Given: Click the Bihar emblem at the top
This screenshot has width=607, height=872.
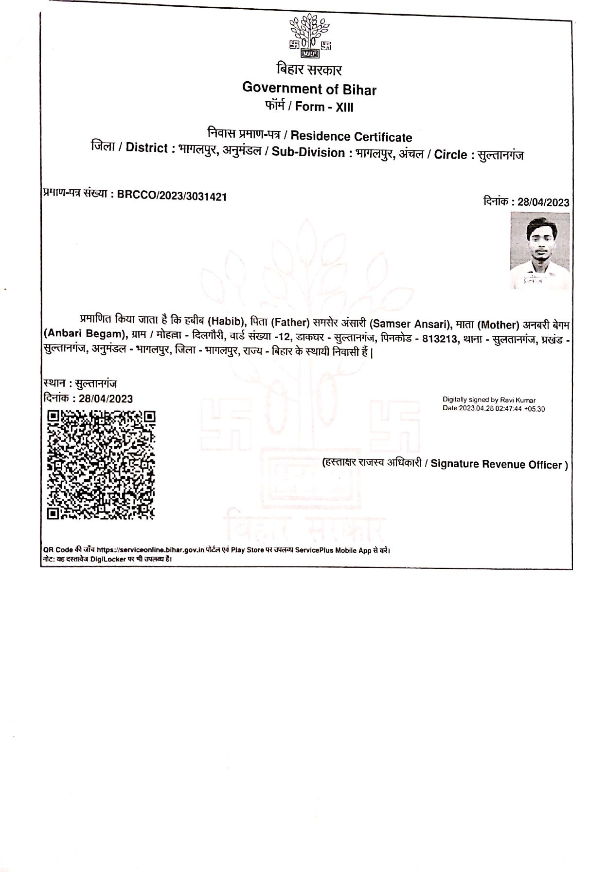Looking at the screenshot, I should (x=310, y=36).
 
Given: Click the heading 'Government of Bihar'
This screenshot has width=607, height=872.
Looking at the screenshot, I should (x=309, y=89).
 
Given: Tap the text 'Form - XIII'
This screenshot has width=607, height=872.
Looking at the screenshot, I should (x=324, y=107).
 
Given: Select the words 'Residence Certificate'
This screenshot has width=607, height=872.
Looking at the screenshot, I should (x=351, y=137).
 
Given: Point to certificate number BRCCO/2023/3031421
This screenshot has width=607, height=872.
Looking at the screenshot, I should (x=172, y=197).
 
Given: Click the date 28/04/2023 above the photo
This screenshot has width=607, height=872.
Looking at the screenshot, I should (x=543, y=202).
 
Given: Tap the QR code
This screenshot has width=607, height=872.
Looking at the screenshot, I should (x=101, y=465).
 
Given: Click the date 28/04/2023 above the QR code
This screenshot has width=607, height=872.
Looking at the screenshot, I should (x=106, y=399).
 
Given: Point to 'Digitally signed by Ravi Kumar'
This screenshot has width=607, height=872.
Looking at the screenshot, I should (x=489, y=400).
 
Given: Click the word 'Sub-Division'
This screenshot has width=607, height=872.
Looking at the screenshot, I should (x=308, y=153).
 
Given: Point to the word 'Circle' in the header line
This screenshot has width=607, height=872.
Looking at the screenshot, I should (x=450, y=155).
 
